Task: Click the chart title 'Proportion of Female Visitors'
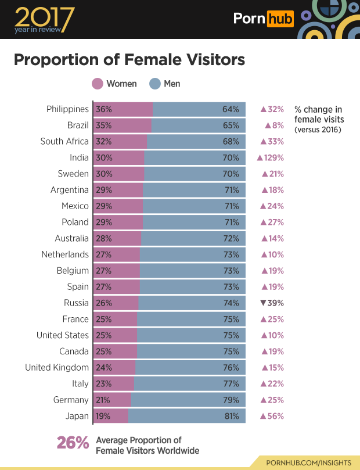point(129,60)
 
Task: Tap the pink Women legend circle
point(98,84)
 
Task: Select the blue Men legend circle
point(155,84)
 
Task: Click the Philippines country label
point(67,109)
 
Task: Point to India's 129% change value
point(270,157)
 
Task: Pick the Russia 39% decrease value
point(272,303)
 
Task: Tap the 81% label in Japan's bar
point(231,416)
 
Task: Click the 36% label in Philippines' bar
point(105,109)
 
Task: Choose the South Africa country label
point(64,141)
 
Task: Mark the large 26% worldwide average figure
point(73,443)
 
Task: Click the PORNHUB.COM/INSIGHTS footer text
point(308,462)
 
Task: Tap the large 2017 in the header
point(42,16)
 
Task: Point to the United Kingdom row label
point(57,367)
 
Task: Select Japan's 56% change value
point(272,416)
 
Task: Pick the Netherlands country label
point(65,254)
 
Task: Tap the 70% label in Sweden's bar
point(231,174)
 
